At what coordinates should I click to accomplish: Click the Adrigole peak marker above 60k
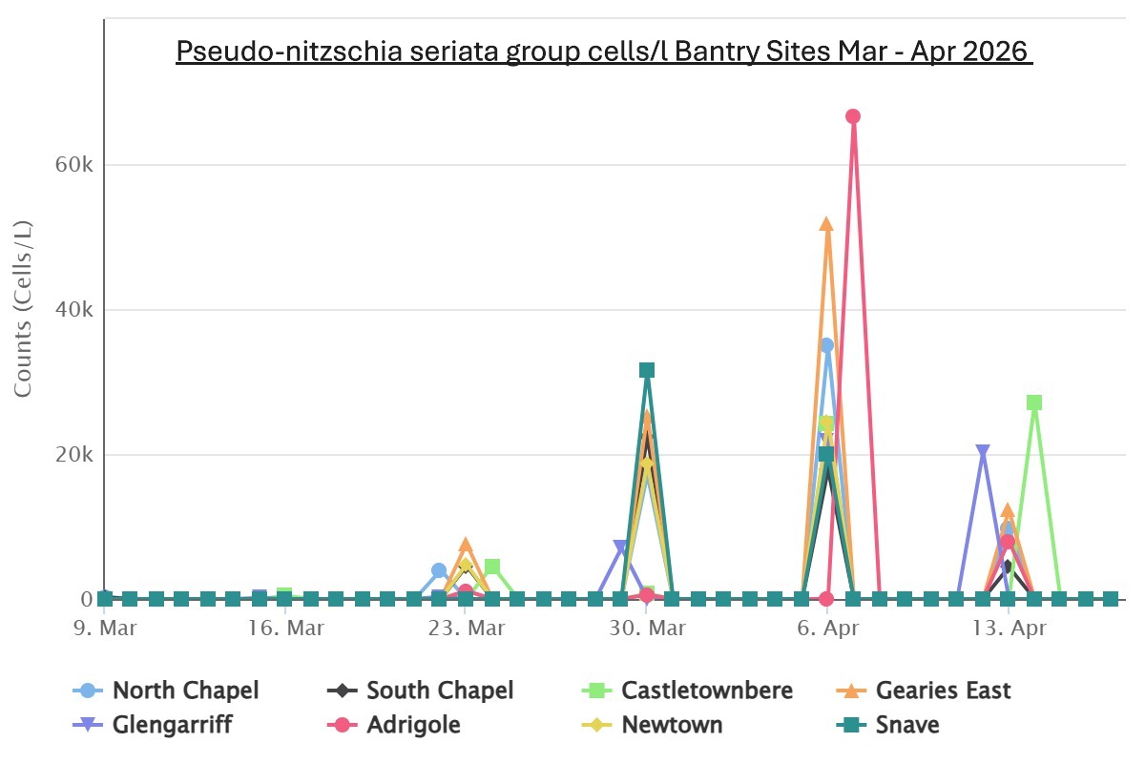(853, 116)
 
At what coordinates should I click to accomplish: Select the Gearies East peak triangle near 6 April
(826, 224)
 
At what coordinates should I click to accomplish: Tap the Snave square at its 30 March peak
(647, 370)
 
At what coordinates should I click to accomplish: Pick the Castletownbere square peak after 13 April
(1034, 402)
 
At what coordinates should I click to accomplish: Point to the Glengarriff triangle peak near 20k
(983, 452)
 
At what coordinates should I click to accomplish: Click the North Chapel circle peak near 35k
(826, 345)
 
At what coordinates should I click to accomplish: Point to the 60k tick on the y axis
(73, 165)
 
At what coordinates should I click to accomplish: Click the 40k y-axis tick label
(73, 310)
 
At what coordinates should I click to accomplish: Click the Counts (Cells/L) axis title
(24, 308)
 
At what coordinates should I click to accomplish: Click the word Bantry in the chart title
(722, 51)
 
